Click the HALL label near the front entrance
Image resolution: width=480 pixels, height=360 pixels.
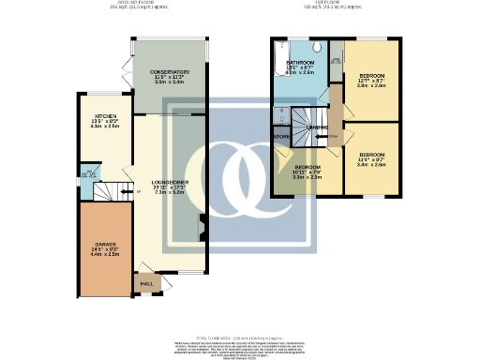(x=147, y=282)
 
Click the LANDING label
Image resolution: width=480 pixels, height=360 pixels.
(x=316, y=128)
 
